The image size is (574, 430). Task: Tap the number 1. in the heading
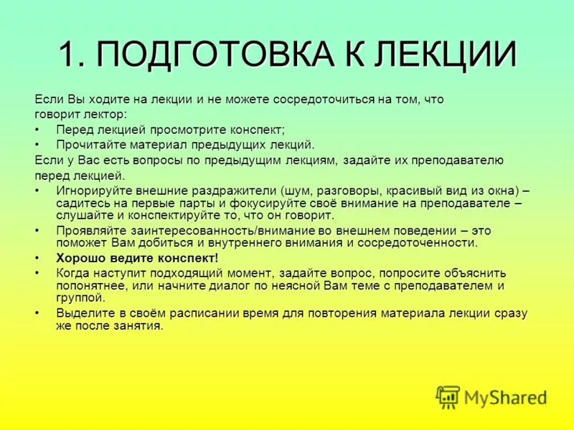[73, 54]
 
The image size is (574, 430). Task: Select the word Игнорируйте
[94, 191]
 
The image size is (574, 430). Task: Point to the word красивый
[415, 191]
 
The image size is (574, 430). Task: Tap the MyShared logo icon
[448, 396]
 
